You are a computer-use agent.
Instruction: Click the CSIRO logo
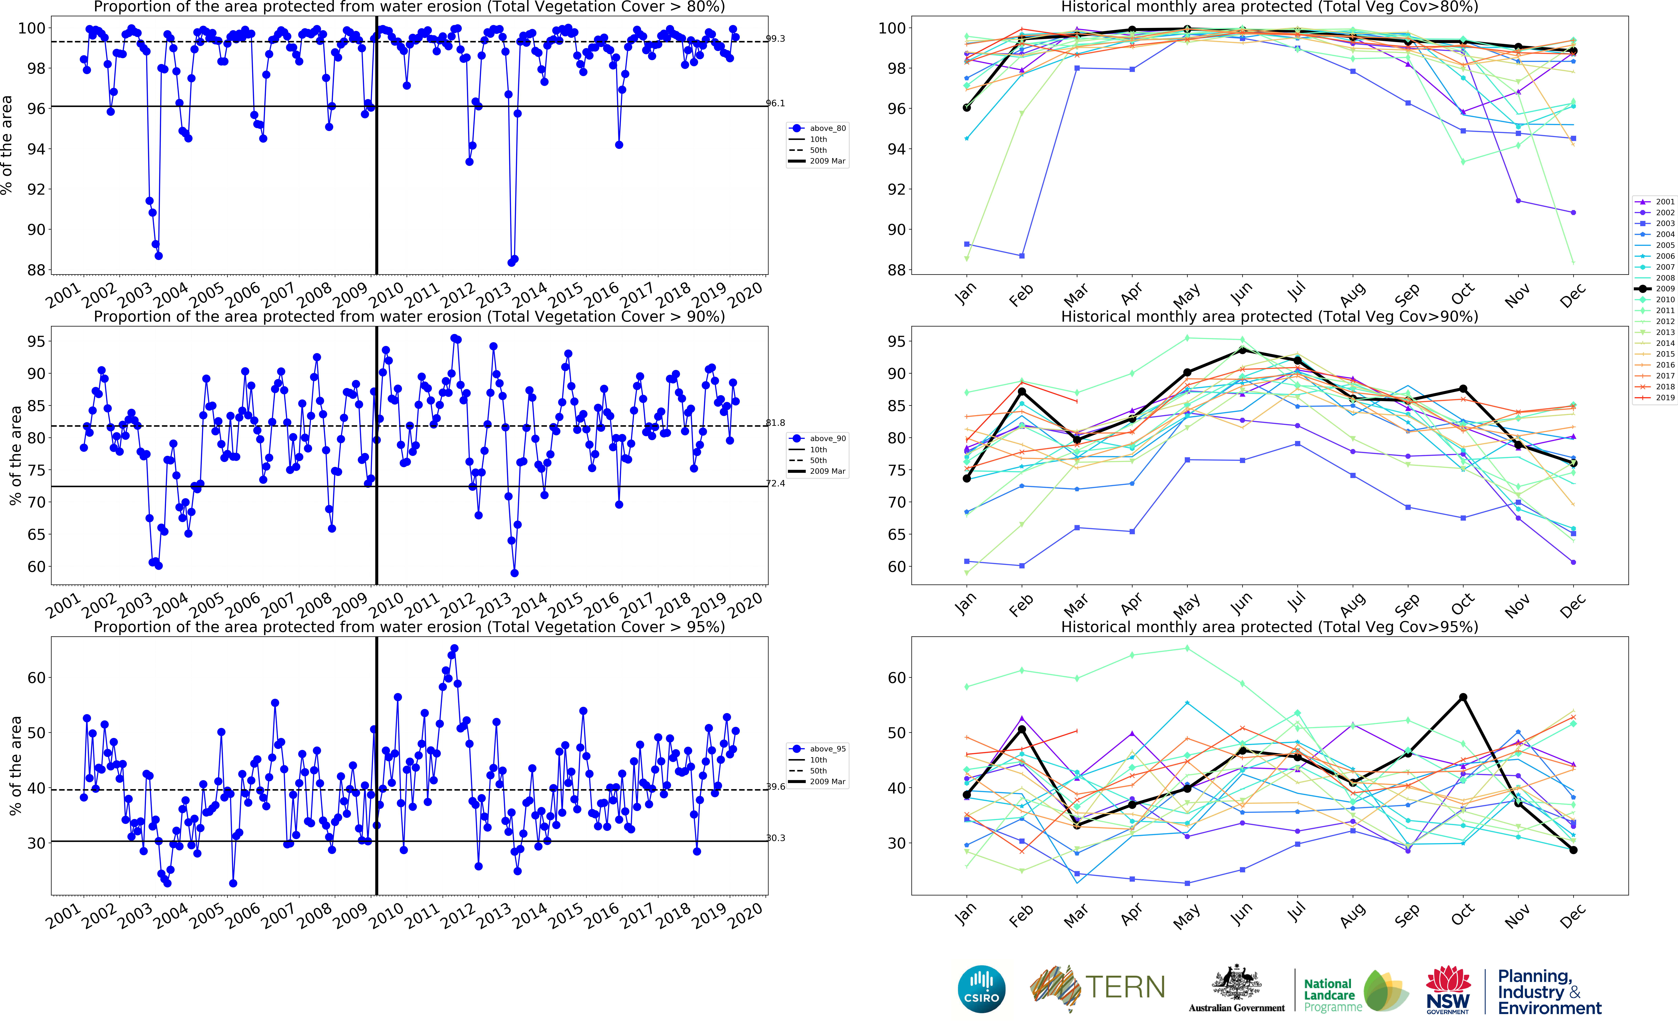(982, 989)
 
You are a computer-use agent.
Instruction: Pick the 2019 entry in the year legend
(1664, 398)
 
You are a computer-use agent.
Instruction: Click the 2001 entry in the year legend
(1664, 202)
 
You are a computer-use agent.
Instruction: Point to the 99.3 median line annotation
(775, 39)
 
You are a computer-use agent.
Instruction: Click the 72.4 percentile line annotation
(775, 484)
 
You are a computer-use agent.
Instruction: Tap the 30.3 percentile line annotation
(775, 838)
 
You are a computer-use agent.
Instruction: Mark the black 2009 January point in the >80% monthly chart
(967, 108)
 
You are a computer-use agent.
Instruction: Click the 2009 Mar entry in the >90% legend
(827, 471)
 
